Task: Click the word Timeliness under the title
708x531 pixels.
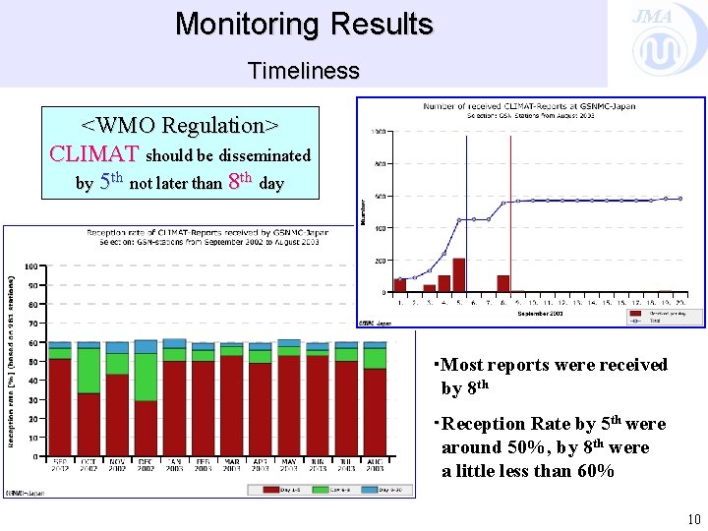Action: [x=303, y=71]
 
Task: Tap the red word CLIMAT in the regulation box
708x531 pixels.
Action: [x=94, y=154]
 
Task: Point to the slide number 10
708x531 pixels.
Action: [x=693, y=518]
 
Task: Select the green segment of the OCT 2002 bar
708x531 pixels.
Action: [x=88, y=371]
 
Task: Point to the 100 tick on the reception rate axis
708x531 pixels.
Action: [x=31, y=267]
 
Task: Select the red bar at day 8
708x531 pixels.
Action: [x=503, y=283]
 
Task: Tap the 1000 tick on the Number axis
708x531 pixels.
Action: [x=378, y=132]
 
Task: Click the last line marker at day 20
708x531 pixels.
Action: [x=679, y=199]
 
